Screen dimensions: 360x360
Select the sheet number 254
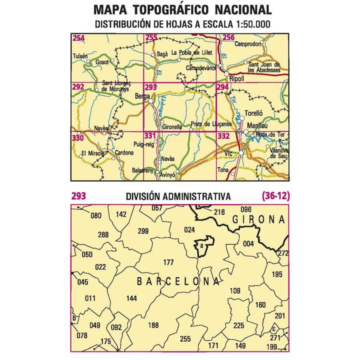(78, 38)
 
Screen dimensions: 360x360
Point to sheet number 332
(223, 136)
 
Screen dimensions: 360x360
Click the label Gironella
(172, 127)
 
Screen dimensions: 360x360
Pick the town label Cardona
(124, 152)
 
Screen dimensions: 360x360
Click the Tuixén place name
(80, 56)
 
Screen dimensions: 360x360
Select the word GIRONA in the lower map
(258, 219)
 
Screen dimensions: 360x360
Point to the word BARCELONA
(178, 282)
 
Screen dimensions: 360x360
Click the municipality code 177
(168, 262)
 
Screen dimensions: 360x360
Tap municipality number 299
(143, 230)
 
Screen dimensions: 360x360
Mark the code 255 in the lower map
(185, 339)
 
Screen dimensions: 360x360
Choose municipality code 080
(96, 216)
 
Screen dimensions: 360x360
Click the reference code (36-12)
(274, 196)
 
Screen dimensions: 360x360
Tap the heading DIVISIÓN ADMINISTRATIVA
(179, 197)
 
